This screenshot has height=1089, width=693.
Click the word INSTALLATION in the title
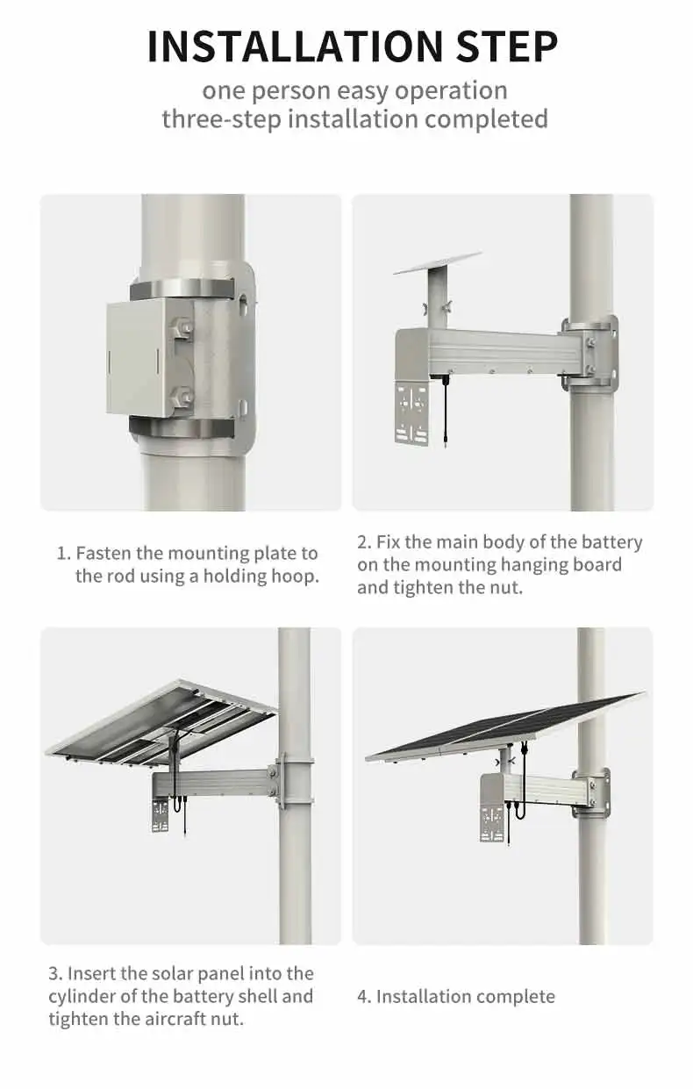pyautogui.click(x=295, y=47)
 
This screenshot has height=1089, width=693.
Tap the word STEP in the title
pyautogui.click(x=507, y=47)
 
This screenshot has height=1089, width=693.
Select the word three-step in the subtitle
pyautogui.click(x=222, y=119)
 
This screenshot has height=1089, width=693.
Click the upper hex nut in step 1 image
pyautogui.click(x=182, y=327)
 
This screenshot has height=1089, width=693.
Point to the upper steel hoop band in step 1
pyautogui.click(x=182, y=290)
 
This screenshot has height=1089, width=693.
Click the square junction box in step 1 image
pyautogui.click(x=140, y=358)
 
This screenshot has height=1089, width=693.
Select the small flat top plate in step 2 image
pyautogui.click(x=438, y=263)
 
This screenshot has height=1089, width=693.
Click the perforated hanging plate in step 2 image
pyautogui.click(x=412, y=412)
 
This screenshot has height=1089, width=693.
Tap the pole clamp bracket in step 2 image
pyautogui.click(x=590, y=353)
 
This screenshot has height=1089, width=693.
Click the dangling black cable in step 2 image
pyautogui.click(x=446, y=411)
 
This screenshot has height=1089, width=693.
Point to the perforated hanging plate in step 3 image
pyautogui.click(x=160, y=815)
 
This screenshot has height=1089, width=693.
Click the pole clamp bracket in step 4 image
pyautogui.click(x=591, y=793)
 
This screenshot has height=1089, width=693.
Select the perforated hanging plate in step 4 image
pyautogui.click(x=491, y=825)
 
